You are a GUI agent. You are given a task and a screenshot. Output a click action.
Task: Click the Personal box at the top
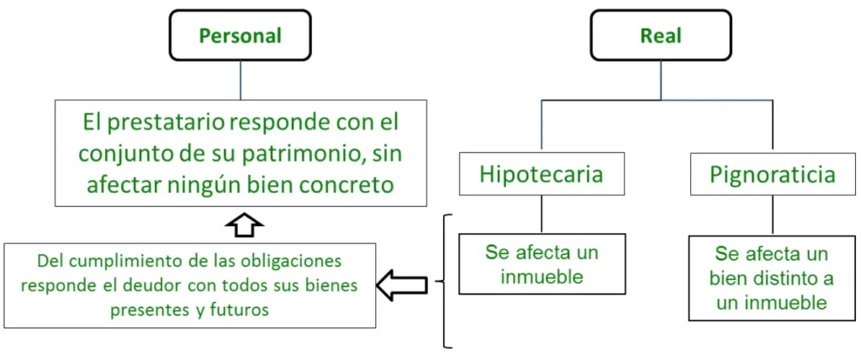[240, 35]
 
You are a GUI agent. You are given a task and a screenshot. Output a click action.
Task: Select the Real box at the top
[661, 35]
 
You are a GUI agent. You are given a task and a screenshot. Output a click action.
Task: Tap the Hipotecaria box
[541, 173]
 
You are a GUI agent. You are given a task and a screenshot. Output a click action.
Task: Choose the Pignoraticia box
[773, 173]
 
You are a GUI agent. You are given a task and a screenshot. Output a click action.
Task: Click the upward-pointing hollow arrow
[245, 226]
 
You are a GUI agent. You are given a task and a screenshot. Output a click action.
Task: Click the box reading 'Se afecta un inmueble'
[541, 264]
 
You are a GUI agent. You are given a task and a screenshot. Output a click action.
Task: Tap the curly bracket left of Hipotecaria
[446, 281]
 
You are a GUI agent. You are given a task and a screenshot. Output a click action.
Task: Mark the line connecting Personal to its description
[240, 80]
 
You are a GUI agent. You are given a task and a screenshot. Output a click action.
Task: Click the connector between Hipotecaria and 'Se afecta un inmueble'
[541, 214]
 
